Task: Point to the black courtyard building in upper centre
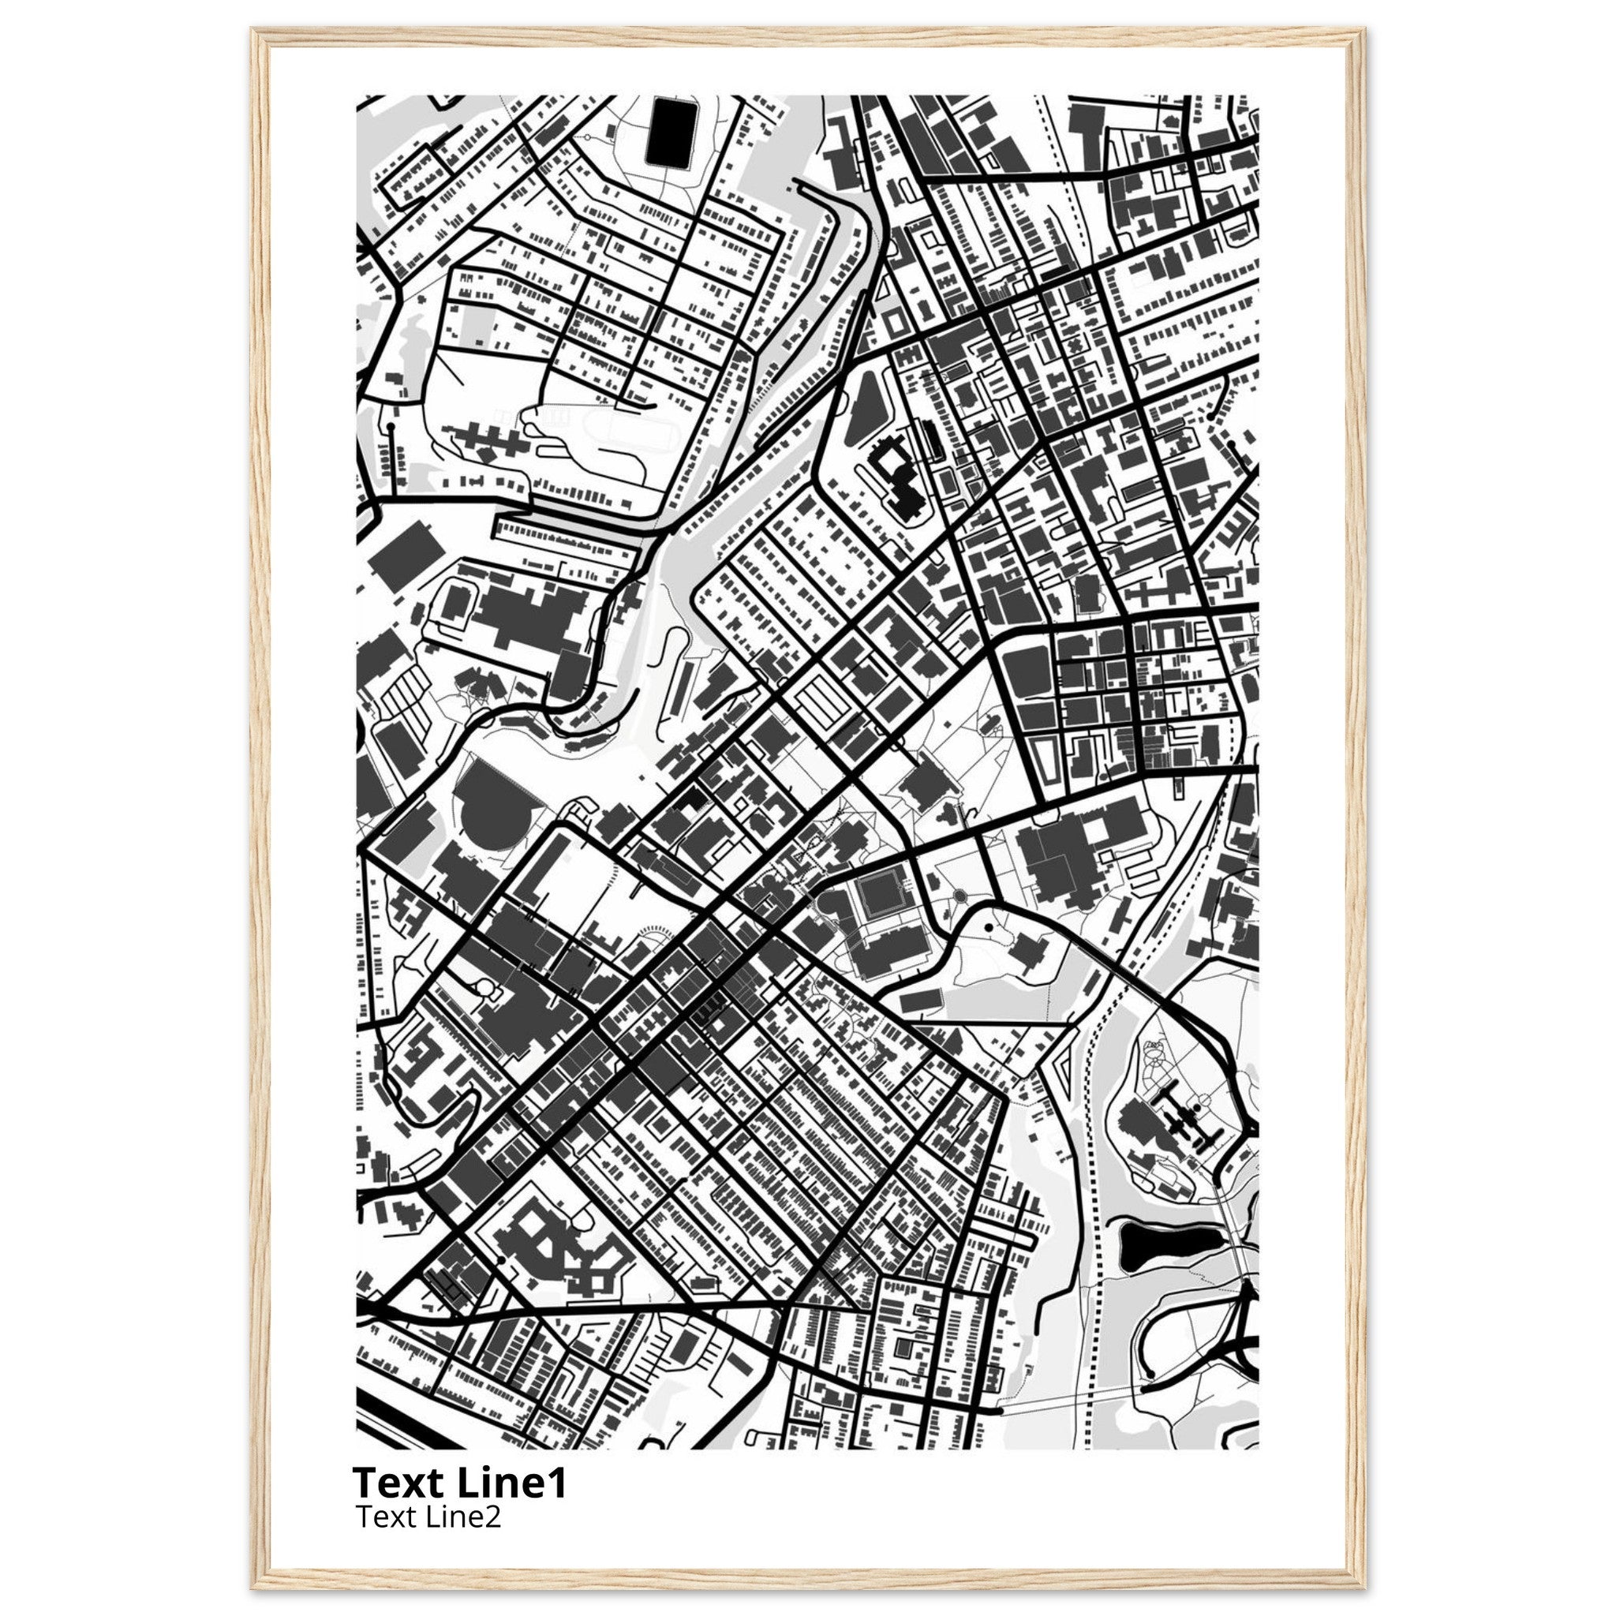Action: click(x=897, y=477)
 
